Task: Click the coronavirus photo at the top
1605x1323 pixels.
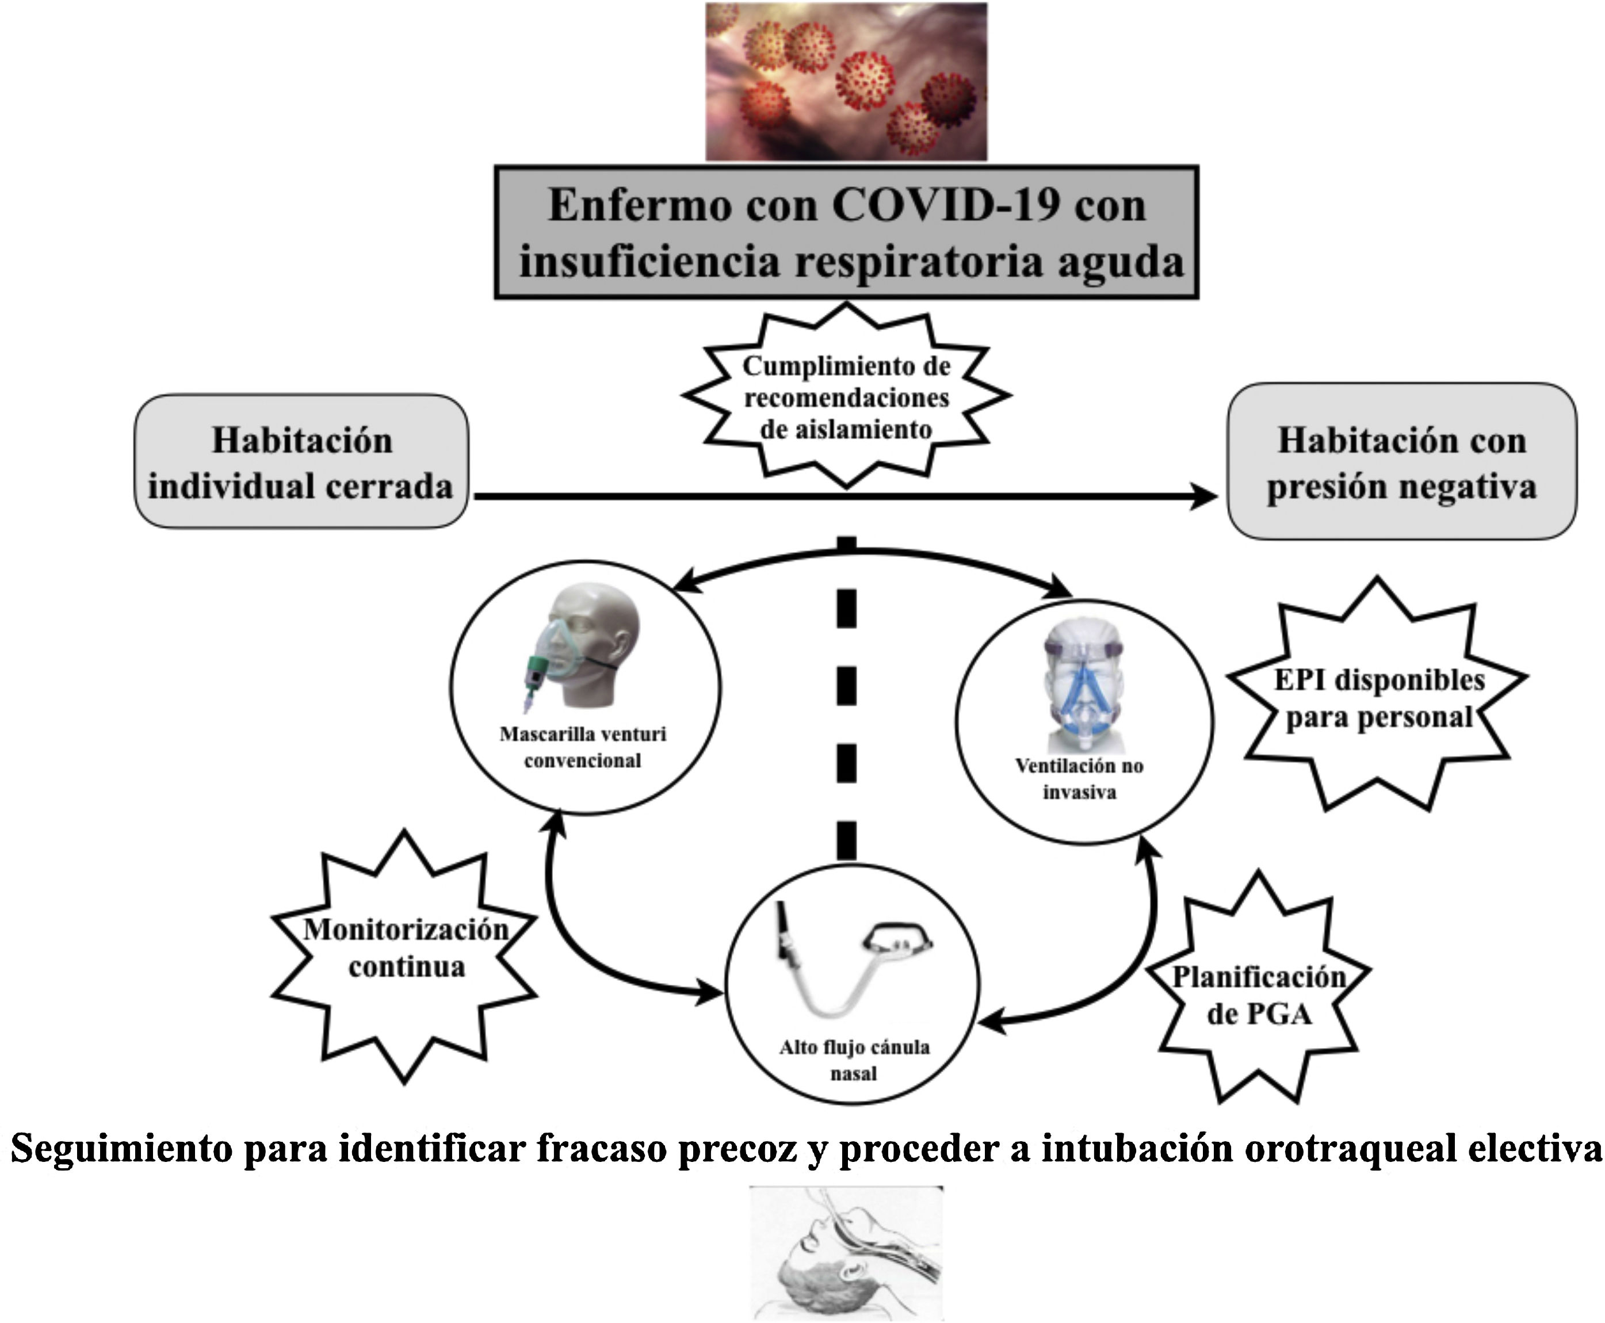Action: point(846,82)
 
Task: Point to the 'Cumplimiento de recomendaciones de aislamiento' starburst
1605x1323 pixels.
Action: point(846,397)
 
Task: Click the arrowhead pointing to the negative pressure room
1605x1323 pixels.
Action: point(1204,497)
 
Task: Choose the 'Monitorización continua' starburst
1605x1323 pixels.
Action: point(406,948)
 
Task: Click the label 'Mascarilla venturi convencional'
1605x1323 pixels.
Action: point(583,747)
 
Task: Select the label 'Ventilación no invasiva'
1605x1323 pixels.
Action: point(1080,778)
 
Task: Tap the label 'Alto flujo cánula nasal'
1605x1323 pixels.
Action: point(854,1060)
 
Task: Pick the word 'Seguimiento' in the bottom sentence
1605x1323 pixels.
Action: point(121,1148)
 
